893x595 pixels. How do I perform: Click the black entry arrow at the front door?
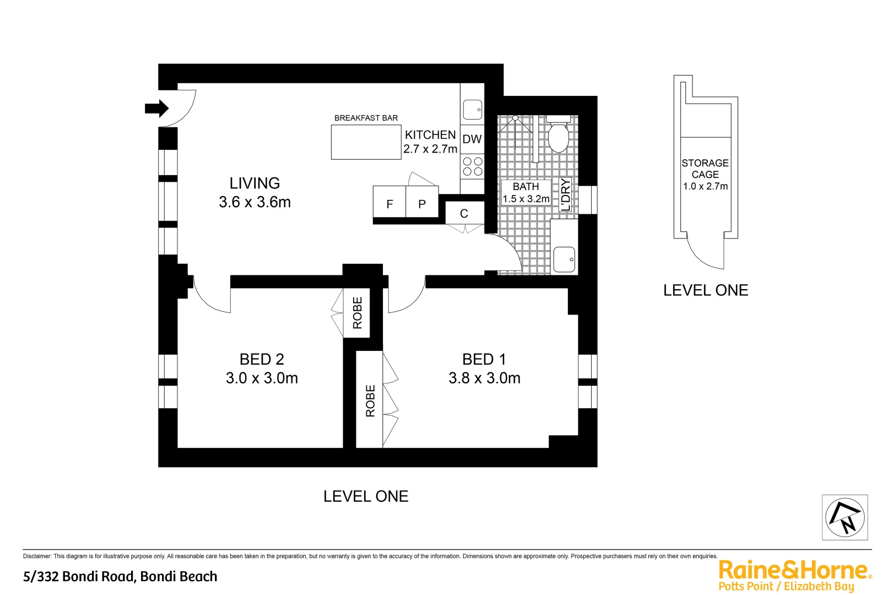pyautogui.click(x=156, y=108)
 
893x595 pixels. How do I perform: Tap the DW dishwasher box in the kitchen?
pyautogui.click(x=472, y=139)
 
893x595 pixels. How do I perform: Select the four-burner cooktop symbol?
pyautogui.click(x=472, y=166)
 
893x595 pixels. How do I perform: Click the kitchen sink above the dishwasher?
pyautogui.click(x=472, y=109)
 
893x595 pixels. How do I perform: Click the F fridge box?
pyautogui.click(x=389, y=203)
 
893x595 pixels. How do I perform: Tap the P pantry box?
pyautogui.click(x=422, y=203)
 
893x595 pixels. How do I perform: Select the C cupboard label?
pyautogui.click(x=464, y=214)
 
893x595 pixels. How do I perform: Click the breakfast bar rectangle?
pyautogui.click(x=366, y=142)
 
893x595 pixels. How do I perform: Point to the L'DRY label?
pyautogui.click(x=565, y=194)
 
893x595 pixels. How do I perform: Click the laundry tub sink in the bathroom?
pyautogui.click(x=564, y=259)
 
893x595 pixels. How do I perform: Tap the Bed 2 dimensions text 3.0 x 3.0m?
pyautogui.click(x=262, y=378)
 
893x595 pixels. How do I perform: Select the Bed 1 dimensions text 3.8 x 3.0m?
pyautogui.click(x=484, y=378)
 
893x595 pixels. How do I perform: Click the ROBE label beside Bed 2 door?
pyautogui.click(x=358, y=313)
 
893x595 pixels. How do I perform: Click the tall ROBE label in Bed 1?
pyautogui.click(x=370, y=401)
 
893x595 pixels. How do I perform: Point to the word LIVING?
pyautogui.click(x=255, y=183)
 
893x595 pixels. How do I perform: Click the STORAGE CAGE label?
pyautogui.click(x=705, y=169)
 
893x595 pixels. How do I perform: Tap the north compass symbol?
pyautogui.click(x=845, y=517)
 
